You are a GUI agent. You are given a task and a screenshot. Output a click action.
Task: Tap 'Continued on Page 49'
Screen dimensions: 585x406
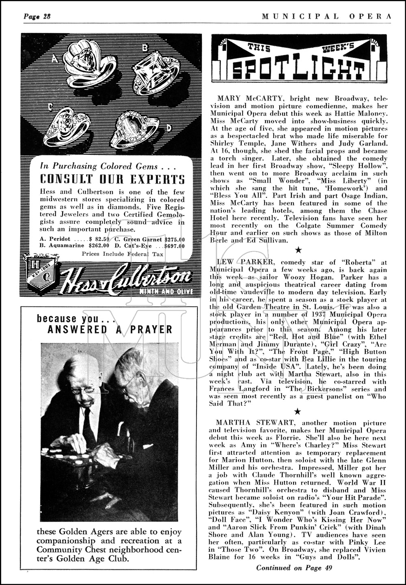click(294, 568)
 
